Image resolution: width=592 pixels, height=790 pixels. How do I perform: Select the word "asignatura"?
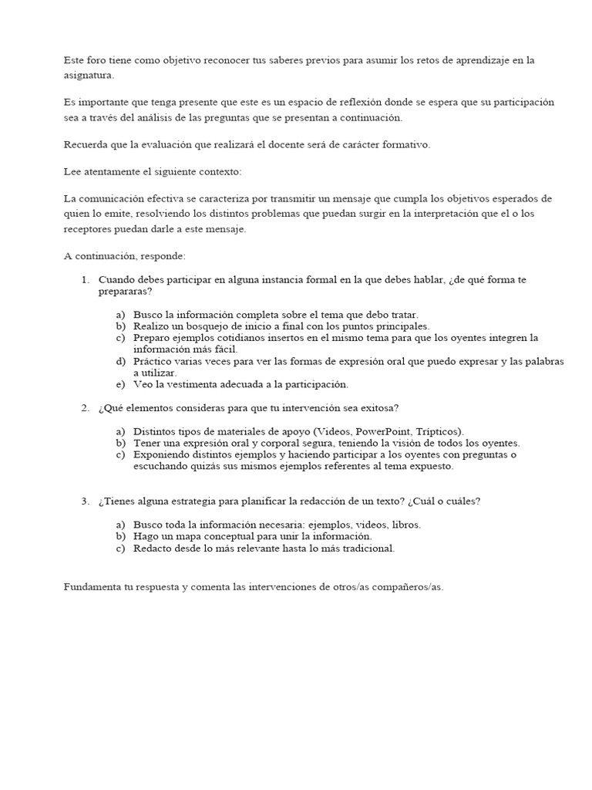pyautogui.click(x=88, y=76)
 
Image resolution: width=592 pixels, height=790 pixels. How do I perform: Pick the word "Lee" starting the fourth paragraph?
pyautogui.click(x=72, y=171)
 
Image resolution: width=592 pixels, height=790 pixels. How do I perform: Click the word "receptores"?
pyautogui.click(x=88, y=229)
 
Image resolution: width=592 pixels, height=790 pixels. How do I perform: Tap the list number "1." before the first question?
pyautogui.click(x=86, y=279)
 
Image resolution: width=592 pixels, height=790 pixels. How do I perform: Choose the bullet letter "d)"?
pyautogui.click(x=119, y=361)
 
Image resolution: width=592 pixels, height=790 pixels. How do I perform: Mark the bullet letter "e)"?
pyautogui.click(x=119, y=383)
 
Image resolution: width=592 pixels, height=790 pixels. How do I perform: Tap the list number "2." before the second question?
pyautogui.click(x=86, y=407)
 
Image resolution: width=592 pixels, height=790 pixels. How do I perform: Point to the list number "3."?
pyautogui.click(x=86, y=501)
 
